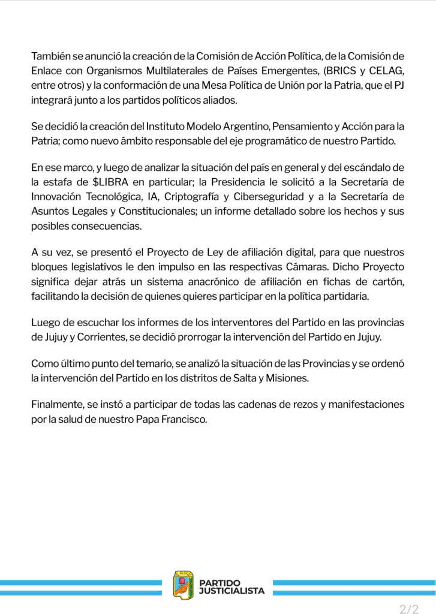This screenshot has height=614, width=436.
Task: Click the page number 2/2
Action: click(409, 609)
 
